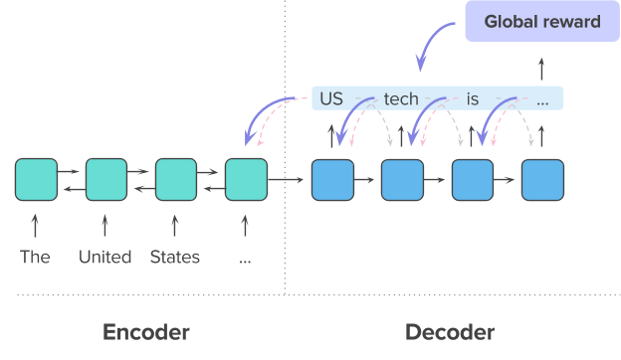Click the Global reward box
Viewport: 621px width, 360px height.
click(541, 21)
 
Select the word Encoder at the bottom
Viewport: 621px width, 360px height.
click(145, 332)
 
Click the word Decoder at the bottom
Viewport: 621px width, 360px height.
click(450, 332)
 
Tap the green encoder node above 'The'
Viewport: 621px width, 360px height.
click(36, 180)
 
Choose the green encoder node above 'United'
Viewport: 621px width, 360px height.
click(105, 180)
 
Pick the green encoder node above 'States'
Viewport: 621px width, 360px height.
click(176, 180)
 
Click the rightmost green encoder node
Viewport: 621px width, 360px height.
click(246, 180)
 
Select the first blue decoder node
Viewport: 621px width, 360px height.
click(332, 180)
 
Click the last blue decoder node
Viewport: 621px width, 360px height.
click(542, 180)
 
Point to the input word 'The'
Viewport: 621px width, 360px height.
click(35, 258)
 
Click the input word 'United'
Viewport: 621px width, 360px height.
click(105, 258)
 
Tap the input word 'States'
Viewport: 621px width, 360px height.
click(175, 258)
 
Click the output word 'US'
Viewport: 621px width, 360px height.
click(331, 99)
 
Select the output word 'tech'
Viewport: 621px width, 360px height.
click(400, 99)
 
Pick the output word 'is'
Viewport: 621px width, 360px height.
click(473, 99)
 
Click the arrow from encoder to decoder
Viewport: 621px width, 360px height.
click(289, 180)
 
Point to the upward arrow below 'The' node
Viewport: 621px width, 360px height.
click(36, 223)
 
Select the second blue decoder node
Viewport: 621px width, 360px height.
click(402, 180)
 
